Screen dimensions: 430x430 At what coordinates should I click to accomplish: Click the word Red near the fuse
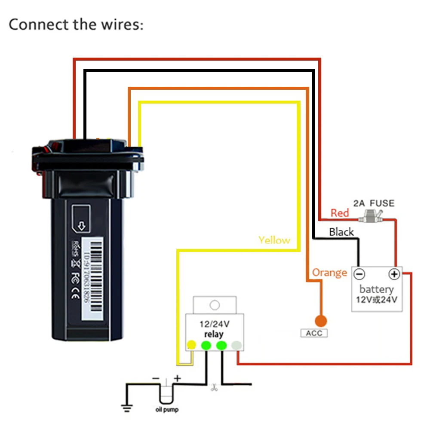[x=340, y=213]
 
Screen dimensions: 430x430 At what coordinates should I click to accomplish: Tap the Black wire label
[x=341, y=232]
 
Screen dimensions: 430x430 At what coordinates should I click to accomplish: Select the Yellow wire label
[x=274, y=240]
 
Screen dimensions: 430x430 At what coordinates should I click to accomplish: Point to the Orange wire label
[x=329, y=273]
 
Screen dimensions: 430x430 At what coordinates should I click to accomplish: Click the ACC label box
[x=313, y=333]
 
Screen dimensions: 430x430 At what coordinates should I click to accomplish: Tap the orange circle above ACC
[x=320, y=321]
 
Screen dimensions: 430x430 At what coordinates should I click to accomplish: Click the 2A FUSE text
[x=373, y=203]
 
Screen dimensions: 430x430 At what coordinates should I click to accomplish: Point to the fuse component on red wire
[x=373, y=215]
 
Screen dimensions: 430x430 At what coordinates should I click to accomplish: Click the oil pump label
[x=166, y=409]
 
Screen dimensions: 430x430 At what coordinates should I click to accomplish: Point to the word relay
[x=214, y=334]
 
